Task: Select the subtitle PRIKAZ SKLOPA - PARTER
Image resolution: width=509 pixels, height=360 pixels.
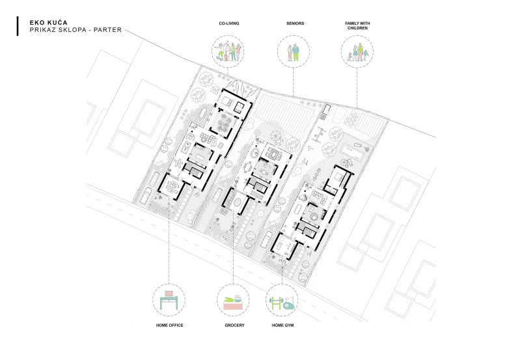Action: pyautogui.click(x=66, y=30)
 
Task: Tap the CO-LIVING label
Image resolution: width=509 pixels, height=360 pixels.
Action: pyautogui.click(x=228, y=23)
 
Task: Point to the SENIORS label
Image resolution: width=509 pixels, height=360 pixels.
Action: pyautogui.click(x=295, y=23)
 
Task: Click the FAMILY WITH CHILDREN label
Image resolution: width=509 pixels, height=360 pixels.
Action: pyautogui.click(x=358, y=26)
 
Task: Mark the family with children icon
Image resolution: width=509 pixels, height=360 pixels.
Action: pyautogui.click(x=357, y=52)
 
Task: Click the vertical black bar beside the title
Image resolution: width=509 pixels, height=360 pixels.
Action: pyautogui.click(x=17, y=26)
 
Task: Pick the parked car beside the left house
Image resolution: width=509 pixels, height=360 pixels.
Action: pyautogui.click(x=149, y=193)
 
